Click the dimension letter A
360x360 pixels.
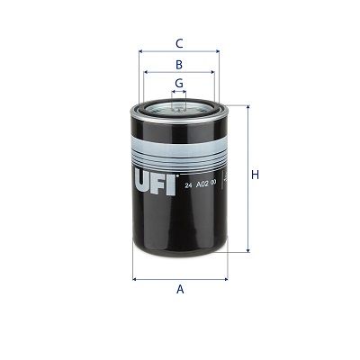click(180, 289)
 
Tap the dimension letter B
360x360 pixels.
click(179, 65)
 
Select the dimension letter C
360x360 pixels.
click(179, 42)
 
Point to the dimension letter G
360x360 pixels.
click(179, 83)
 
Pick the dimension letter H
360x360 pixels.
click(255, 175)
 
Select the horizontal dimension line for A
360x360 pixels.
click(180, 278)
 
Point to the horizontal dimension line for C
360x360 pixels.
click(179, 52)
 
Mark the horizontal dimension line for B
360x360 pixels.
click(179, 74)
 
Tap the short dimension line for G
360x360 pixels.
click(179, 92)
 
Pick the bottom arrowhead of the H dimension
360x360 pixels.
click(245, 251)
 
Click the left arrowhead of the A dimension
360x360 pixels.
click(136, 278)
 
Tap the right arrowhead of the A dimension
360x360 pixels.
click(223, 278)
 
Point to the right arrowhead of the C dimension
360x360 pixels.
click(216, 52)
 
